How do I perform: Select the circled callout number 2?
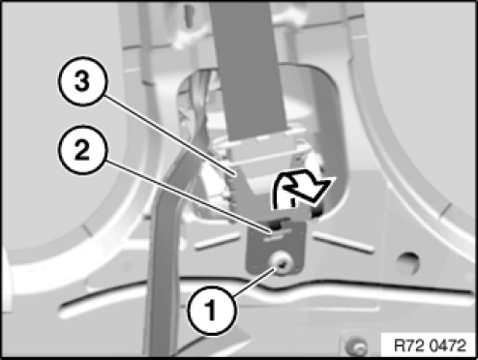click(x=81, y=150)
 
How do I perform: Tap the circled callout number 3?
click(x=81, y=81)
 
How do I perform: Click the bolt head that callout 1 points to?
click(x=282, y=263)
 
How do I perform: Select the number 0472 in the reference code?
click(x=449, y=345)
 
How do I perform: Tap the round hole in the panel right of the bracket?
click(x=408, y=261)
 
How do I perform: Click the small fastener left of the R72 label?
click(x=355, y=345)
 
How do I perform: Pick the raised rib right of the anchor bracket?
click(x=344, y=243)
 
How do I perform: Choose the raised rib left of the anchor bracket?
click(x=218, y=241)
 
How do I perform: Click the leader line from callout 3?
click(x=168, y=135)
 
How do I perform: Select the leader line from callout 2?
click(x=187, y=195)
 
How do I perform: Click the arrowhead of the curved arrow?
click(x=317, y=191)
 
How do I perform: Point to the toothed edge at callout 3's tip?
click(x=233, y=191)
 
